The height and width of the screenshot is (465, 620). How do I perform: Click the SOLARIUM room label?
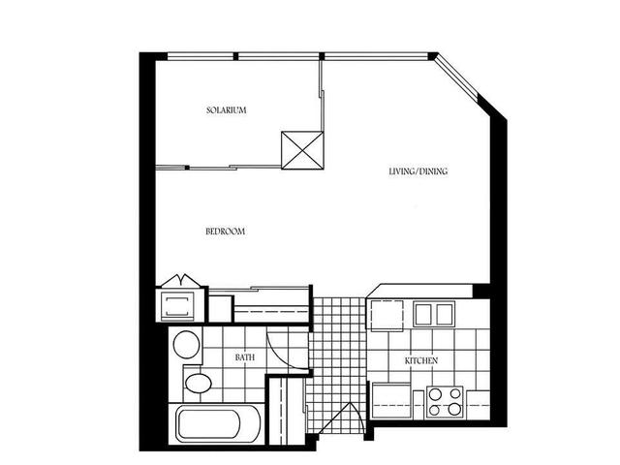pos(226,110)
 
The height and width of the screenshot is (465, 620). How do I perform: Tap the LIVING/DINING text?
pos(418,171)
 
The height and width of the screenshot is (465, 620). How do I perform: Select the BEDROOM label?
pos(224,232)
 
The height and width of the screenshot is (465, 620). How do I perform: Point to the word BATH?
pos(245,357)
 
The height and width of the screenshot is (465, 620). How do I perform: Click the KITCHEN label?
pos(421,360)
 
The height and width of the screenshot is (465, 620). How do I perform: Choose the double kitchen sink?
pos(434,314)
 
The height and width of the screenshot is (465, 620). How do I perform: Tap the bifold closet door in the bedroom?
pos(180,282)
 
